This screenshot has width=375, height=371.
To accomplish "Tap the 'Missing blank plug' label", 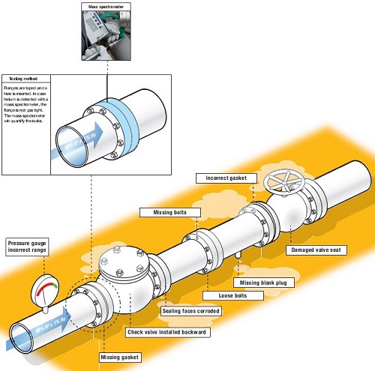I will (x=265, y=283).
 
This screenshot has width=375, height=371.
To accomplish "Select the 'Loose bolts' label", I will (x=241, y=296).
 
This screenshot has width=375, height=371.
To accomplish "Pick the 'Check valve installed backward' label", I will (x=166, y=332).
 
